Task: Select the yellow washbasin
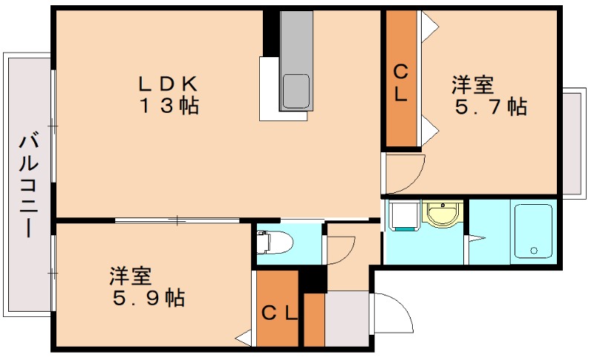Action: [443, 215]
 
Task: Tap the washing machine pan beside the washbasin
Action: [403, 216]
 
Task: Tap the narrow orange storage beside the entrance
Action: [314, 320]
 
